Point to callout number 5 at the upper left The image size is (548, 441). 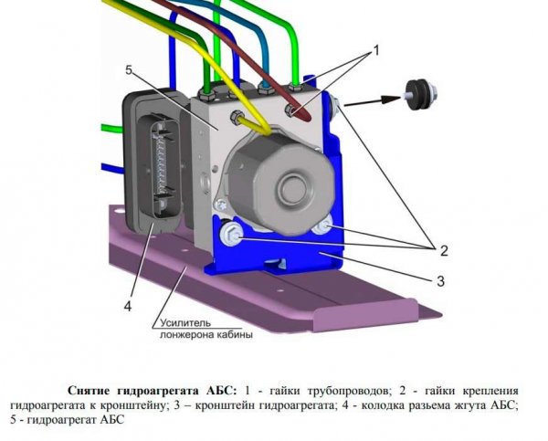(130, 70)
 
